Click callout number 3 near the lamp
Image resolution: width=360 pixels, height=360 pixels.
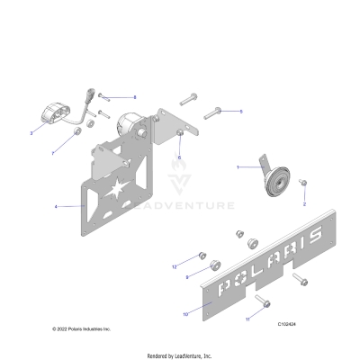click(31, 132)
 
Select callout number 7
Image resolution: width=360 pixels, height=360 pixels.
click(52, 152)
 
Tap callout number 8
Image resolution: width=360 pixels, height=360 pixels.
click(134, 96)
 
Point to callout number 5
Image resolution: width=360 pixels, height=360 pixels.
click(240, 111)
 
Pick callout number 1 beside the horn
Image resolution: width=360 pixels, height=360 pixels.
click(238, 167)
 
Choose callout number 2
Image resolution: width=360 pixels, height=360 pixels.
click(303, 204)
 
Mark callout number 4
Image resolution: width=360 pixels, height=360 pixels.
click(56, 207)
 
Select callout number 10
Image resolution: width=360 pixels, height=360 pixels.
click(185, 314)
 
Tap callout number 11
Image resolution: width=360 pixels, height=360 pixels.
click(247, 319)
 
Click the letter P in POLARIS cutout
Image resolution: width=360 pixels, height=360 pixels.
click(219, 285)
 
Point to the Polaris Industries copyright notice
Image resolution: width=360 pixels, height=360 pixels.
click(81, 329)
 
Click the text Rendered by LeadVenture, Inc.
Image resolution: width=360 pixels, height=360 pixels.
click(180, 356)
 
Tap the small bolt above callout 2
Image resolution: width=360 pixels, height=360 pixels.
click(303, 184)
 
